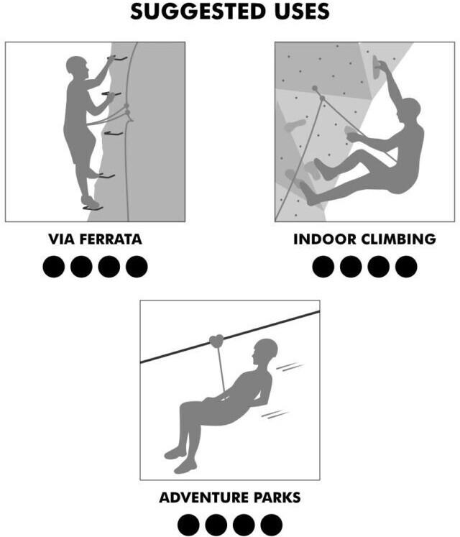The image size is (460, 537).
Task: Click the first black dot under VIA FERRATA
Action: coord(54,267)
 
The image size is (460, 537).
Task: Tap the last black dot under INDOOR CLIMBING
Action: coord(406,267)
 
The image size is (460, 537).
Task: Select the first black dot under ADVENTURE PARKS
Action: coord(188,525)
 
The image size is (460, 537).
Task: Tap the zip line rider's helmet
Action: coord(267,348)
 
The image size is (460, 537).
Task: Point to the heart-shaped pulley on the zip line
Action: coord(217,341)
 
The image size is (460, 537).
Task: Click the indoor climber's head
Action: coord(409,109)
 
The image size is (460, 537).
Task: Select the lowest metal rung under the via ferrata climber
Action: coord(93,208)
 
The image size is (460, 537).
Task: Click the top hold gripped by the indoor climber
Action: coord(377,66)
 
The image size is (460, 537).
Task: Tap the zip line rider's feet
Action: coord(180,459)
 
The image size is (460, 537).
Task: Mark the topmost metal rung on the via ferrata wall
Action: coord(117,58)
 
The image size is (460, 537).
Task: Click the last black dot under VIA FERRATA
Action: coord(137,267)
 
